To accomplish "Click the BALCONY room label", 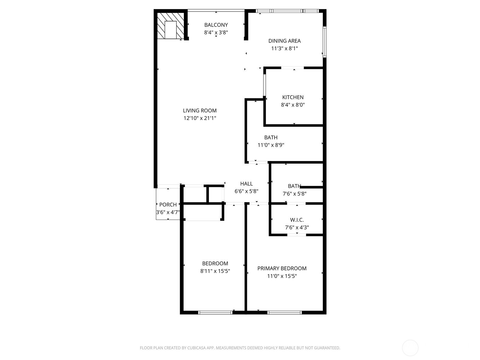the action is tap(216, 25).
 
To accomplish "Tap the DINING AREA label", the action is tap(284, 41).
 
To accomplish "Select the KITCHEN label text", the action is tap(293, 97).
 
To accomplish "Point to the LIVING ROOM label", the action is tap(200, 111).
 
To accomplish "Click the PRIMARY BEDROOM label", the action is tap(282, 268).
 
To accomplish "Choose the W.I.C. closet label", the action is tap(297, 220).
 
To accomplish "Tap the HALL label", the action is tap(247, 184).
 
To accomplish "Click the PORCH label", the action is tap(168, 205).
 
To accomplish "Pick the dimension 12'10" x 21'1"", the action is tap(200, 118).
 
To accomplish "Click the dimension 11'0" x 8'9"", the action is tap(271, 145).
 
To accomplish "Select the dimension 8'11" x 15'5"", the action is tap(215, 271).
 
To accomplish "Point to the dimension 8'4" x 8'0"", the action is tap(293, 105).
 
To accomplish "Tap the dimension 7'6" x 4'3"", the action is tap(297, 227).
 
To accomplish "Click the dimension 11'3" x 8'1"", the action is tap(284, 49).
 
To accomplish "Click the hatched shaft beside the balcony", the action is tap(171, 25).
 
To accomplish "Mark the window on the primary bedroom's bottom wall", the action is tap(284, 313).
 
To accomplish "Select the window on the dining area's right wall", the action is tap(325, 42).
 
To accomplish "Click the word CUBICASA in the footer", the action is tap(196, 348).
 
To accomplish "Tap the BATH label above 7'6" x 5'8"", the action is tap(294, 186).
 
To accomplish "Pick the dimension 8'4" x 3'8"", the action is tap(216, 33).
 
